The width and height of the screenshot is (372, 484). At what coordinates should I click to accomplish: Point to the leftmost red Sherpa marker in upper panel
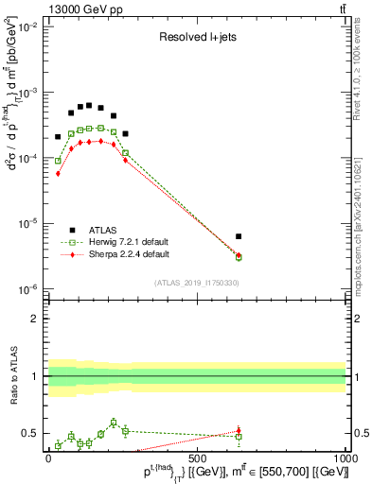point(58,174)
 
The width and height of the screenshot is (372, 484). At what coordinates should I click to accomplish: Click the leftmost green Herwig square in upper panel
point(58,161)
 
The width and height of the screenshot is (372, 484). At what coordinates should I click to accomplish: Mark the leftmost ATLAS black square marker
point(58,137)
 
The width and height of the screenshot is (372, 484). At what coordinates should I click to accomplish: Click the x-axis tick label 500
point(197,458)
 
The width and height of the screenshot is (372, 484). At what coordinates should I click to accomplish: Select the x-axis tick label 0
point(49,458)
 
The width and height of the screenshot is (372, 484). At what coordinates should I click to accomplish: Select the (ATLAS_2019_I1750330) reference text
point(197,283)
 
